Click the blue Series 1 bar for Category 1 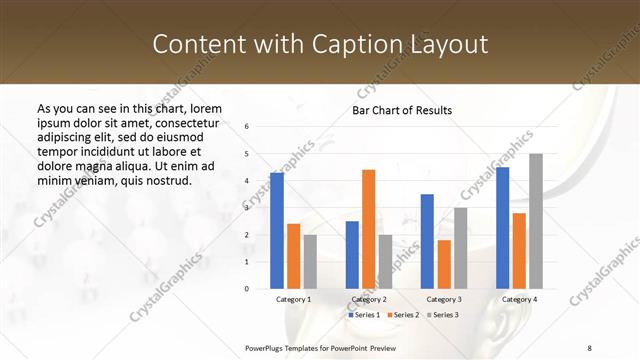tap(277, 231)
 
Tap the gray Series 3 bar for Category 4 tap(536, 221)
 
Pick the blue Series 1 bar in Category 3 tap(427, 241)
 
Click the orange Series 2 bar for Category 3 tap(444, 264)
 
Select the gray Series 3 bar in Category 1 tap(310, 262)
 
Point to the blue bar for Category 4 tap(502, 228)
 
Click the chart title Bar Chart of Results tap(402, 110)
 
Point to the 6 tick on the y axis tap(247, 127)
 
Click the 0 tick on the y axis tap(247, 289)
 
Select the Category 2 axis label tap(368, 299)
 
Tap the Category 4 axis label tap(518, 299)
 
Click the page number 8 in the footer tap(589, 347)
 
